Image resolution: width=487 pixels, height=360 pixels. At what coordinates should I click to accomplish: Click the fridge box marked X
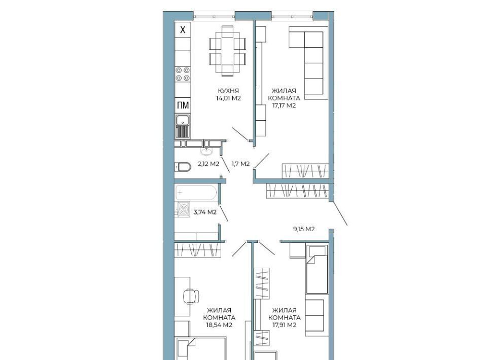coord(183,30)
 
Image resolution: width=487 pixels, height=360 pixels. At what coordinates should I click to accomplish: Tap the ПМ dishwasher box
coord(183,105)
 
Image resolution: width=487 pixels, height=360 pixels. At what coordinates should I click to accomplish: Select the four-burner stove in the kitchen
coord(183,74)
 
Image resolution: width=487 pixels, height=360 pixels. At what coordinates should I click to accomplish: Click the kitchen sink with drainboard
coord(183,126)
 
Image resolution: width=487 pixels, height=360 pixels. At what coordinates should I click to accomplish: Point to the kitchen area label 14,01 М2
coord(229,98)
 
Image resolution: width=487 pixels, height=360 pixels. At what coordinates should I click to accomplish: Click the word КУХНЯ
coord(228,91)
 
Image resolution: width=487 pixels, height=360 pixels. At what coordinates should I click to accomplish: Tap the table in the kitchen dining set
coord(228,51)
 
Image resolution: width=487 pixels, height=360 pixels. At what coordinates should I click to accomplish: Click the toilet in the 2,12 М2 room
coord(183,167)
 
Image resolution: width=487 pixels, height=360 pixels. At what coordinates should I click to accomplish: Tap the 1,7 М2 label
coord(240,164)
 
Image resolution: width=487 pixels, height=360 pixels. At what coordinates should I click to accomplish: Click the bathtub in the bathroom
coord(196,193)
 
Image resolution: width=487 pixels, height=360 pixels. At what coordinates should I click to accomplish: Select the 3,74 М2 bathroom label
coord(205,212)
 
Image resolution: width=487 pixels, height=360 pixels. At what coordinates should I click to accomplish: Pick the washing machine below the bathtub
coord(183,209)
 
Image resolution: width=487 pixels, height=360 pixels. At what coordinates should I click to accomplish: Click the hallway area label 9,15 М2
coord(304,229)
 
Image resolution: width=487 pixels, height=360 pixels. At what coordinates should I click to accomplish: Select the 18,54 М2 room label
coord(219,325)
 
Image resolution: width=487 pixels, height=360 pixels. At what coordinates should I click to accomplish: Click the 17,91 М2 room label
coord(284,325)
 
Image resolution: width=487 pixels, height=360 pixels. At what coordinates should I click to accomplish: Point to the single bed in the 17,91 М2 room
coord(317,269)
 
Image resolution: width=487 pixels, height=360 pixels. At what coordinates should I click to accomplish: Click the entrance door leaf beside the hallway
coord(339,214)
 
